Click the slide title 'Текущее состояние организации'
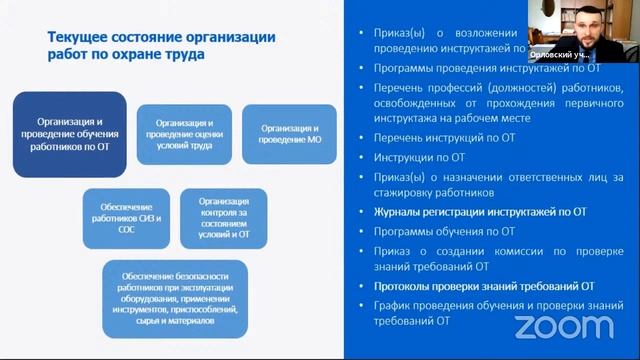(x=161, y=37)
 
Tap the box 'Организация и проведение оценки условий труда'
(x=184, y=134)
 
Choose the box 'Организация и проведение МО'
(x=289, y=134)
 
